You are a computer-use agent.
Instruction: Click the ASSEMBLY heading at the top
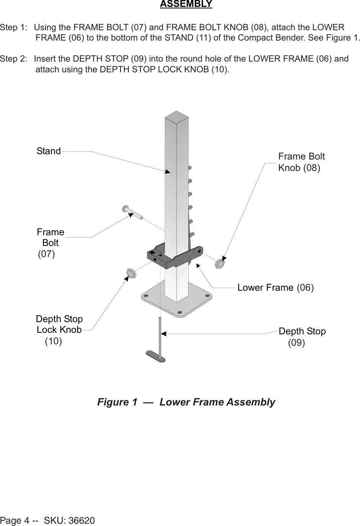186,4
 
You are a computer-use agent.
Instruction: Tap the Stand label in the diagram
49,151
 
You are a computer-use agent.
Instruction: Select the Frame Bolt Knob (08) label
301,162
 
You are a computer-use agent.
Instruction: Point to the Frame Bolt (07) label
50,243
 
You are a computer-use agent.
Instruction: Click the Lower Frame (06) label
275,287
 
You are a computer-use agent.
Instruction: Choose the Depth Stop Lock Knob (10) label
59,329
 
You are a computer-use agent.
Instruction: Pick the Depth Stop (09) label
302,336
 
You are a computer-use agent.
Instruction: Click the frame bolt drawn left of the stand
132,212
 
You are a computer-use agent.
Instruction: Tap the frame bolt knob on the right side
220,264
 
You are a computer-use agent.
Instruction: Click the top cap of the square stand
176,116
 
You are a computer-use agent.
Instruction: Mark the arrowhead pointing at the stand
167,171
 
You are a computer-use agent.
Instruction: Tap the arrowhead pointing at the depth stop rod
163,334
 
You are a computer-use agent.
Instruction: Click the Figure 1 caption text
186,402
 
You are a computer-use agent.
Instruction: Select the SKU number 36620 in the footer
81,521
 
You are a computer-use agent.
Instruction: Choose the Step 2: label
14,59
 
